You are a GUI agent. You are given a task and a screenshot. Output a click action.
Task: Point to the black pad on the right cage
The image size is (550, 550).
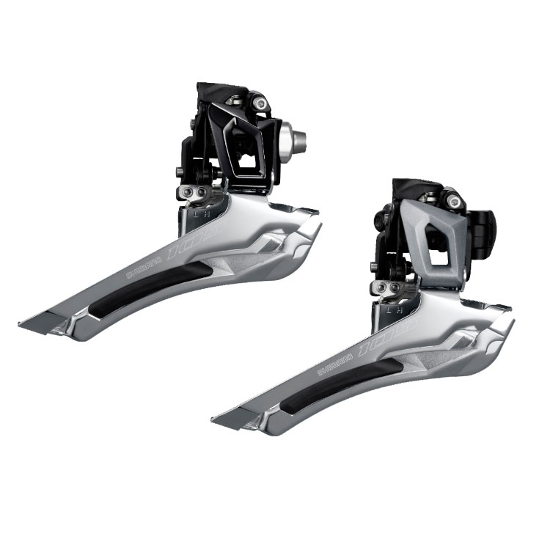345,386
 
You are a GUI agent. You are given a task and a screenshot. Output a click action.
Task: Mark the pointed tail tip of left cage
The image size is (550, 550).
22,321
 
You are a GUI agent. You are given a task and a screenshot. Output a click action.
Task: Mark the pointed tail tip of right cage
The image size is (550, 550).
214,421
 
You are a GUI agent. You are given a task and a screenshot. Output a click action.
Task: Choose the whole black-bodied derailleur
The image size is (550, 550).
176,213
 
